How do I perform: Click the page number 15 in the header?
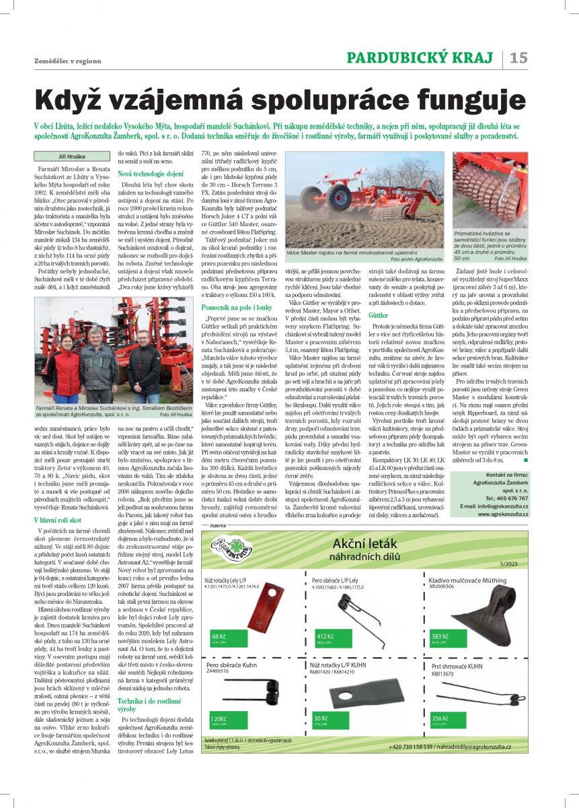[x=518, y=58]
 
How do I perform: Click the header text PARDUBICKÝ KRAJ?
[x=420, y=58]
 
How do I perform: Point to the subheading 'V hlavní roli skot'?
[x=59, y=520]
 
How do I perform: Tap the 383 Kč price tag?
[x=440, y=636]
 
